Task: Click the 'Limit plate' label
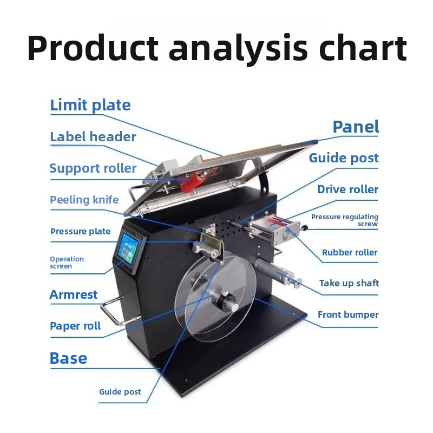pyautogui.click(x=90, y=105)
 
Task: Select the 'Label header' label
pyautogui.click(x=93, y=137)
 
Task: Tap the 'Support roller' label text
pyautogui.click(x=93, y=168)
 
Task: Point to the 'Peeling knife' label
pyautogui.click(x=84, y=200)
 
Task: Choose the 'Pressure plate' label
pyautogui.click(x=80, y=232)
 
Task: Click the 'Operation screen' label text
pyautogui.click(x=67, y=263)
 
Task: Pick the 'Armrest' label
pyautogui.click(x=74, y=295)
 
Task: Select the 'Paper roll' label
pyautogui.click(x=75, y=326)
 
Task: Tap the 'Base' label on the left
pyautogui.click(x=68, y=358)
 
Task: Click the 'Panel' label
pyautogui.click(x=356, y=127)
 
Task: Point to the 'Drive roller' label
pyautogui.click(x=347, y=189)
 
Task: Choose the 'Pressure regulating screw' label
pyautogui.click(x=345, y=220)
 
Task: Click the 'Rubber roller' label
pyautogui.click(x=350, y=252)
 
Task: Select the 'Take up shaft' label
pyautogui.click(x=349, y=283)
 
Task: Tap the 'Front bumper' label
pyautogui.click(x=348, y=314)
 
